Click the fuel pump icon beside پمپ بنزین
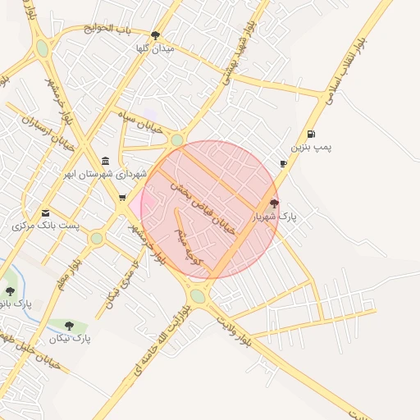(310, 134)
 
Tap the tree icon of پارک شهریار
(274, 203)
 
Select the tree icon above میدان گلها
(156, 35)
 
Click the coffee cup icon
(283, 163)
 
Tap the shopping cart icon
(122, 197)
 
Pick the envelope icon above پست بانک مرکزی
(44, 212)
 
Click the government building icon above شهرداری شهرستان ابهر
(104, 161)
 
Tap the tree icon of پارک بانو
(10, 291)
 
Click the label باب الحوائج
(111, 30)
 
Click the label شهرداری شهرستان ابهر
(108, 174)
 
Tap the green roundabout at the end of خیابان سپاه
(177, 140)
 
